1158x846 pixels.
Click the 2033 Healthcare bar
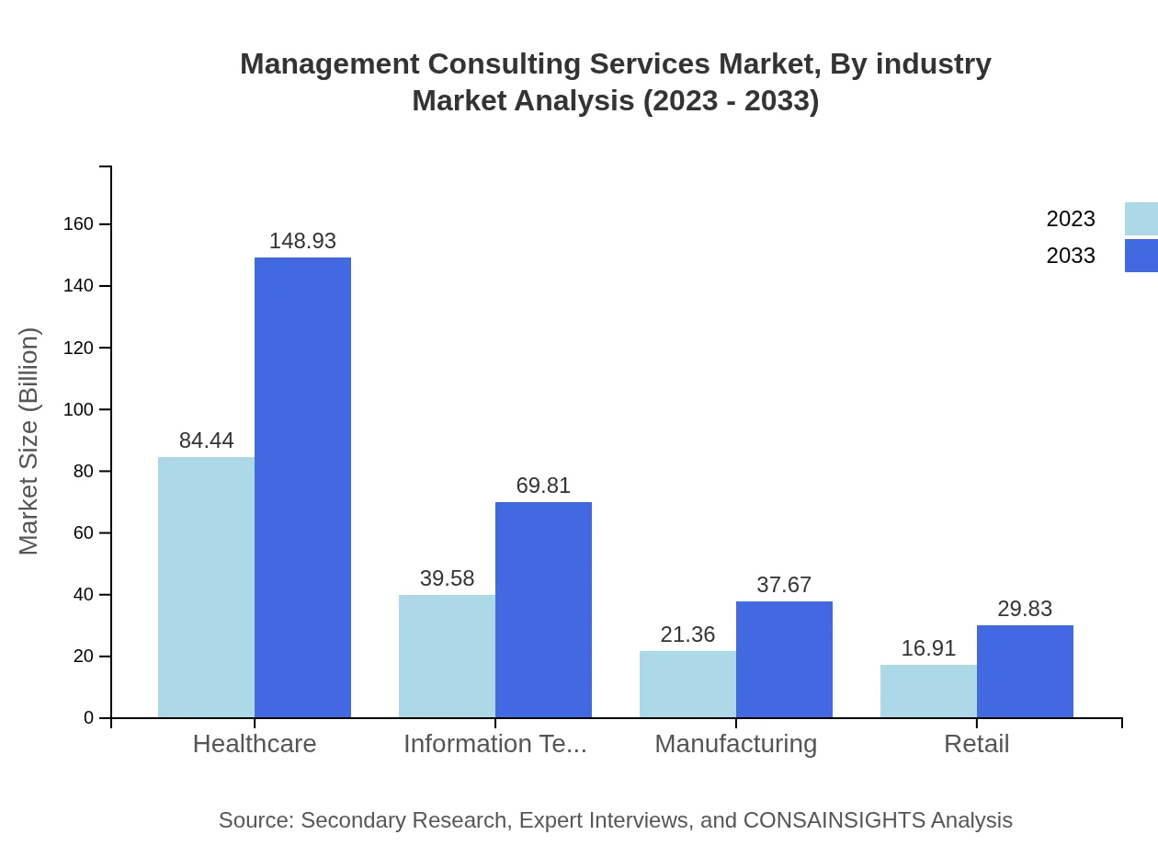pyautogui.click(x=302, y=487)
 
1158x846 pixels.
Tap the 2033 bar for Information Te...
pyautogui.click(x=543, y=610)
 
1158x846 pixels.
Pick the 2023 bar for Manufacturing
pyautogui.click(x=687, y=684)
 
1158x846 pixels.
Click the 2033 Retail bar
pyautogui.click(x=1025, y=671)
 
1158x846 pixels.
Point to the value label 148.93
pyautogui.click(x=302, y=241)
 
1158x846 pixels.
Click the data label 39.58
pyautogui.click(x=447, y=578)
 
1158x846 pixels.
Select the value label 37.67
pyautogui.click(x=784, y=585)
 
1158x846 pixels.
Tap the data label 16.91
pyautogui.click(x=928, y=648)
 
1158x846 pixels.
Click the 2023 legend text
pyautogui.click(x=1071, y=219)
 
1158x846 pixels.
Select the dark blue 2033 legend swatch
pyautogui.click(x=1141, y=256)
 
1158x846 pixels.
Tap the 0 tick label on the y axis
pyautogui.click(x=88, y=717)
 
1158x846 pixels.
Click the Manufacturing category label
pyautogui.click(x=735, y=744)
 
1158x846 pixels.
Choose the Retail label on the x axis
pyautogui.click(x=976, y=744)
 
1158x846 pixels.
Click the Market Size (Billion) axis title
pyautogui.click(x=29, y=441)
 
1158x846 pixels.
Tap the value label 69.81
pyautogui.click(x=543, y=486)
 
